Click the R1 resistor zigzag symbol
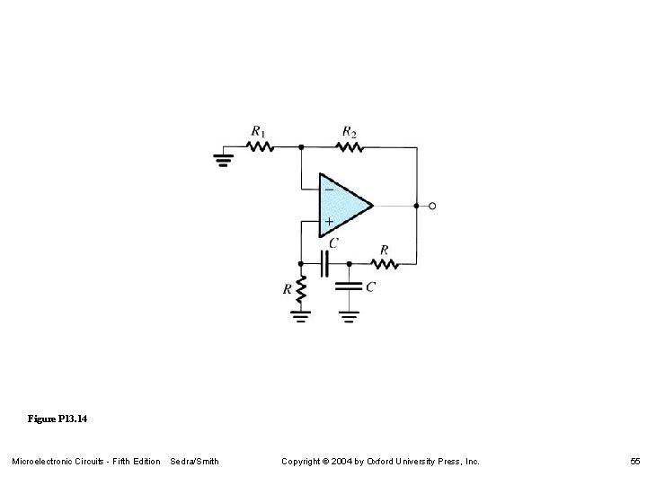point(260,145)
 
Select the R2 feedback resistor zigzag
point(348,145)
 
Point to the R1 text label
point(259,132)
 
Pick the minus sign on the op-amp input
point(329,190)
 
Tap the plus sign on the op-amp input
point(329,221)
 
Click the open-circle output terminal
point(432,206)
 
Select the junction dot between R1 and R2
point(301,145)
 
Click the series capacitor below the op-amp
point(326,264)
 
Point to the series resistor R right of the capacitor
point(385,264)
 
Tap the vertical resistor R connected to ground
point(301,289)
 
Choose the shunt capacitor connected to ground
point(349,287)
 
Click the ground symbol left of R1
point(222,160)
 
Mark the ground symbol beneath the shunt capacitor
point(349,316)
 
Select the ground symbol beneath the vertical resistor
point(301,316)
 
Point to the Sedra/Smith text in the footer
point(194,462)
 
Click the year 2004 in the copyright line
point(350,462)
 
